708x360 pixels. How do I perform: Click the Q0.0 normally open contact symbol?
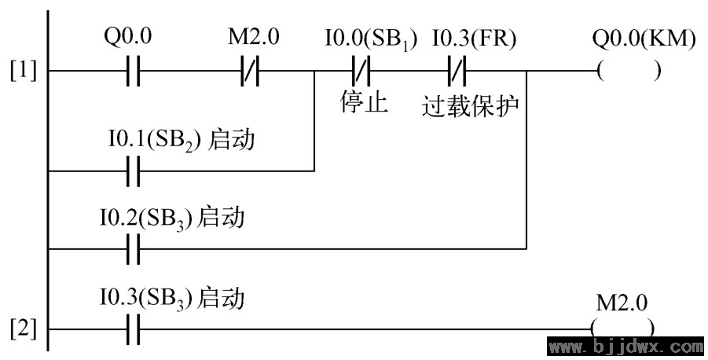[x=134, y=71]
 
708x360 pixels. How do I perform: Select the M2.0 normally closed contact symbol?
[x=250, y=71]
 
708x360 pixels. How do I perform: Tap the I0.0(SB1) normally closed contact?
[x=361, y=71]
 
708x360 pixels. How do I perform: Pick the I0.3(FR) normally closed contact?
[x=457, y=71]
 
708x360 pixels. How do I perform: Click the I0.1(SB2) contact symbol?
[x=134, y=171]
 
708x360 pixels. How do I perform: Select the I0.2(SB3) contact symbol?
[x=134, y=249]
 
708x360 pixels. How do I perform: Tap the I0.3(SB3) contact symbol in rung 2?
[x=134, y=329]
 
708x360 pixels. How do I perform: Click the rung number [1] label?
[x=24, y=71]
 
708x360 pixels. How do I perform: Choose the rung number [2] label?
[x=24, y=329]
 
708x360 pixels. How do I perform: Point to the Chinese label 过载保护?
[x=471, y=107]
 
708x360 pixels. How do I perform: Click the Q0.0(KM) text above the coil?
[x=644, y=39]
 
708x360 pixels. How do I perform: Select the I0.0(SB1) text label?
[x=370, y=40]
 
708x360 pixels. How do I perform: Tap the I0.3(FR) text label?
[x=474, y=39]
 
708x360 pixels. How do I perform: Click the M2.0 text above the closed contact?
[x=253, y=37]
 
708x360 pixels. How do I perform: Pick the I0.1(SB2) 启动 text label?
[x=181, y=140]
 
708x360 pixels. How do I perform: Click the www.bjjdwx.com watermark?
[x=627, y=347]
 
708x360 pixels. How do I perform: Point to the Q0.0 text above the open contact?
[x=128, y=37]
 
